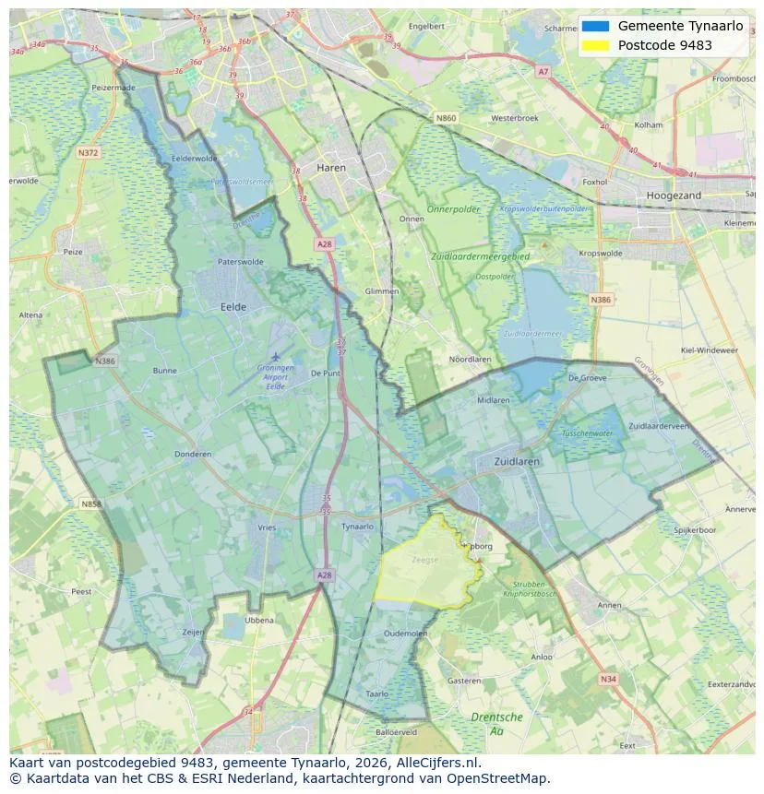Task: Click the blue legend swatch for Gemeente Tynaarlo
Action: (596, 27)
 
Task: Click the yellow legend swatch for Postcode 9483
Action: (596, 45)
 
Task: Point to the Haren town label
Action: (331, 168)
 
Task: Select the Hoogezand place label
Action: (674, 196)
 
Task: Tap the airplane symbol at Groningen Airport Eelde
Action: (275, 356)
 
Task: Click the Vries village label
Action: (267, 527)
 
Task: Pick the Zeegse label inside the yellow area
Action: (425, 559)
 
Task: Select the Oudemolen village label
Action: (406, 634)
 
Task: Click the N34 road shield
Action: (607, 679)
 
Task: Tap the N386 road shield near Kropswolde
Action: (601, 300)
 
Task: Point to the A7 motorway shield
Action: (543, 71)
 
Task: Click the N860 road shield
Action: (446, 118)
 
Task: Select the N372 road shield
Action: (89, 152)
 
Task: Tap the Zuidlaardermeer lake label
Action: (531, 334)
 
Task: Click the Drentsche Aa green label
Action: (496, 723)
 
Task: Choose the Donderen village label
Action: (193, 455)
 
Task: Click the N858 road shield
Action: (90, 504)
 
